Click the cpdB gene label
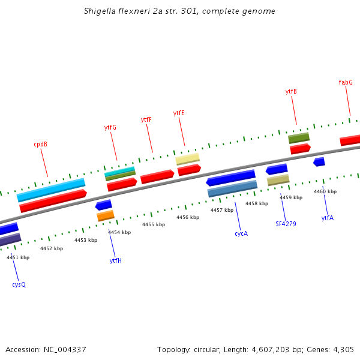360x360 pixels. click(x=41, y=144)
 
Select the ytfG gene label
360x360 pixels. click(x=110, y=127)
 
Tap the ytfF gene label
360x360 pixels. click(x=146, y=119)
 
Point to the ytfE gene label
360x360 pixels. click(x=179, y=113)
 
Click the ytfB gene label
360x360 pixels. click(x=291, y=91)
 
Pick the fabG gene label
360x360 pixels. click(x=346, y=82)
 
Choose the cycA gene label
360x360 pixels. click(x=241, y=233)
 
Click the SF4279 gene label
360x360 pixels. click(x=286, y=224)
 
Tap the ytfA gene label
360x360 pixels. click(x=327, y=218)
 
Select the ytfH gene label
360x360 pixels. click(x=116, y=260)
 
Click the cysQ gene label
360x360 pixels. click(x=19, y=284)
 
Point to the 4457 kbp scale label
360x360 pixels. click(x=222, y=210)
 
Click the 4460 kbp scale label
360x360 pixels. click(x=325, y=191)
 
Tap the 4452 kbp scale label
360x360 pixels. click(x=52, y=248)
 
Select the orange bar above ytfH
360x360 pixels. click(x=106, y=215)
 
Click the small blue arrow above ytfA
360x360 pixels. click(x=319, y=162)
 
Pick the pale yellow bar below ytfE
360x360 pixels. click(x=188, y=159)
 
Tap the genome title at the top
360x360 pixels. click(x=180, y=11)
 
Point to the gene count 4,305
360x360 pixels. click(x=344, y=349)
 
